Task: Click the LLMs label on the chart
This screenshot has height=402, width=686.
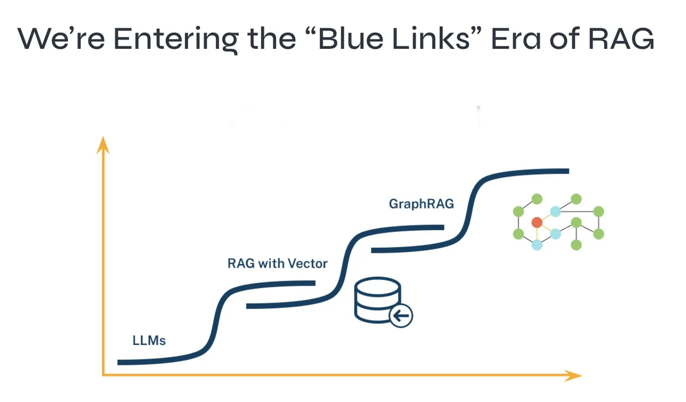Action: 149,340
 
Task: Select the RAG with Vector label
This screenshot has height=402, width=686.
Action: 277,263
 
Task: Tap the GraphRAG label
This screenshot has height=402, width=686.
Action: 421,204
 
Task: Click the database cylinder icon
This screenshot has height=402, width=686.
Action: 376,299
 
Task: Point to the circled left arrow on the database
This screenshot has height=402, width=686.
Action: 401,316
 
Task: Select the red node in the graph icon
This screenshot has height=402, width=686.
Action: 537,222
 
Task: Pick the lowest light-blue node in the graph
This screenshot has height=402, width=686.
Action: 537,245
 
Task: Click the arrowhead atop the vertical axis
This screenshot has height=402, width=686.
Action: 103,144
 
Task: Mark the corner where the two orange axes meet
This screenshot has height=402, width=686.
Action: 103,375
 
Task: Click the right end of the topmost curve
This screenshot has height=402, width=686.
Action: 567,171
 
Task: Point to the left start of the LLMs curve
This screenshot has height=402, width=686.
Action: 119,362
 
